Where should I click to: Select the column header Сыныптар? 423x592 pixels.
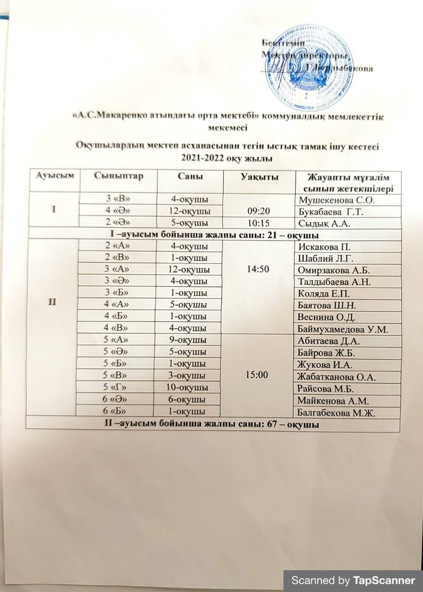pyautogui.click(x=118, y=176)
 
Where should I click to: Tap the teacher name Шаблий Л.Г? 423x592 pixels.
pyautogui.click(x=324, y=258)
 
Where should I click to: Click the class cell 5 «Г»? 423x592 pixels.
pyautogui.click(x=115, y=387)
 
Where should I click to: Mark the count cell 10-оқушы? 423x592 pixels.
pyautogui.click(x=188, y=387)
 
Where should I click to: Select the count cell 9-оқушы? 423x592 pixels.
pyautogui.click(x=188, y=341)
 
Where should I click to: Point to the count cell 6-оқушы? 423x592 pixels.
pyautogui.click(x=188, y=399)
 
